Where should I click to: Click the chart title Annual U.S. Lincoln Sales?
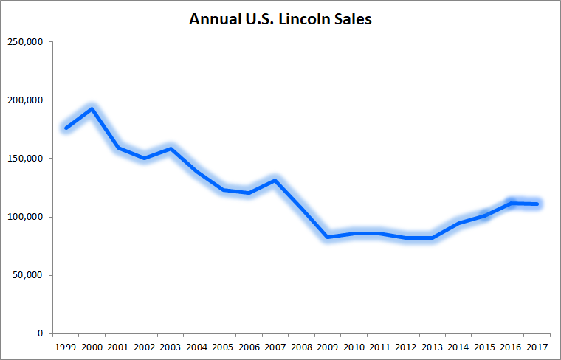280,19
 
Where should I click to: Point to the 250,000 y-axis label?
25,42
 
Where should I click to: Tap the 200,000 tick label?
25,100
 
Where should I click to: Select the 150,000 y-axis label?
25,159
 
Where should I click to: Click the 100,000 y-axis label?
25,217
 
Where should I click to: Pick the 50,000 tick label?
27,275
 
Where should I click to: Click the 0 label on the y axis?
41,333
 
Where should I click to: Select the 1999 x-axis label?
66,346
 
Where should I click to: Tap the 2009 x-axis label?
327,346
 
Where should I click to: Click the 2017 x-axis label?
536,346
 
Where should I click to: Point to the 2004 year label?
196,346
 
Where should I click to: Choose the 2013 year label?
432,346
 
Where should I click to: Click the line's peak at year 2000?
92,109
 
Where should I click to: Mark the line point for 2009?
327,237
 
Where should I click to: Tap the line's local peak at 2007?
275,180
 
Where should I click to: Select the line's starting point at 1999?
66,128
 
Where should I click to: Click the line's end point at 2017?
536,204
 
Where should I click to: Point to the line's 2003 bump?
170,149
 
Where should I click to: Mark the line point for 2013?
432,238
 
